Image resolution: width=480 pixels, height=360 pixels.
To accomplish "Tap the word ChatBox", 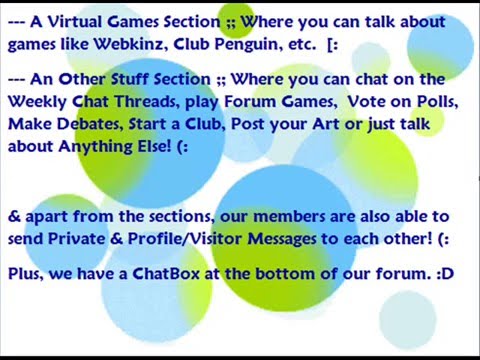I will (x=165, y=271).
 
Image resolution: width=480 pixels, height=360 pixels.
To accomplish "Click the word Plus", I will (x=26, y=271).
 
